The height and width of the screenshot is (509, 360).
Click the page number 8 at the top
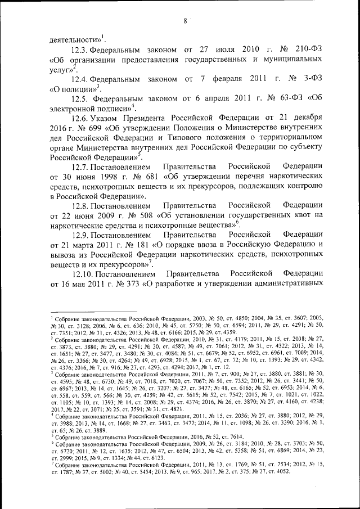pyautogui.click(x=184, y=22)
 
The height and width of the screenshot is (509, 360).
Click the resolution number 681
pyautogui.click(x=150, y=177)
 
